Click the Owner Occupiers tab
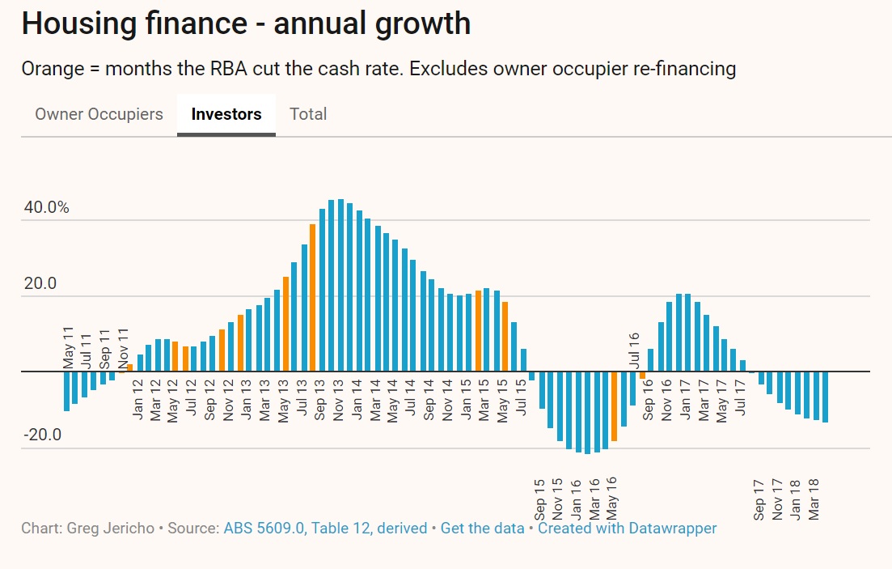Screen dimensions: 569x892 [x=99, y=114]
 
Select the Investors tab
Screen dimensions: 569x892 [x=226, y=114]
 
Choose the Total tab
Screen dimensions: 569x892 [x=308, y=114]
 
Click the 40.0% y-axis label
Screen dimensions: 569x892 [x=47, y=207]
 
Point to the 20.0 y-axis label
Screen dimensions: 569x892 [x=40, y=283]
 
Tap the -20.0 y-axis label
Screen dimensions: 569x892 [x=42, y=435]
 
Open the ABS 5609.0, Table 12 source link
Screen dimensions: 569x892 [x=325, y=529]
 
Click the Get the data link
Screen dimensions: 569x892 [x=482, y=529]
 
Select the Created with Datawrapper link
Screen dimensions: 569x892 [x=627, y=529]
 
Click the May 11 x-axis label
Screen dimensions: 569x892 [x=69, y=349]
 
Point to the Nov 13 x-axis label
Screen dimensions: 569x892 [x=338, y=400]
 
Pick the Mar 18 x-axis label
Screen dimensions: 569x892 [x=814, y=499]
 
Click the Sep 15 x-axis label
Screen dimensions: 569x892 [x=539, y=499]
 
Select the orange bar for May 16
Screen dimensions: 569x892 [x=615, y=406]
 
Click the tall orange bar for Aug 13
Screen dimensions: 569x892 [x=313, y=298]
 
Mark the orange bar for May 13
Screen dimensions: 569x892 [x=285, y=324]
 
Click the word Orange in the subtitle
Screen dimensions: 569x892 [x=50, y=69]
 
